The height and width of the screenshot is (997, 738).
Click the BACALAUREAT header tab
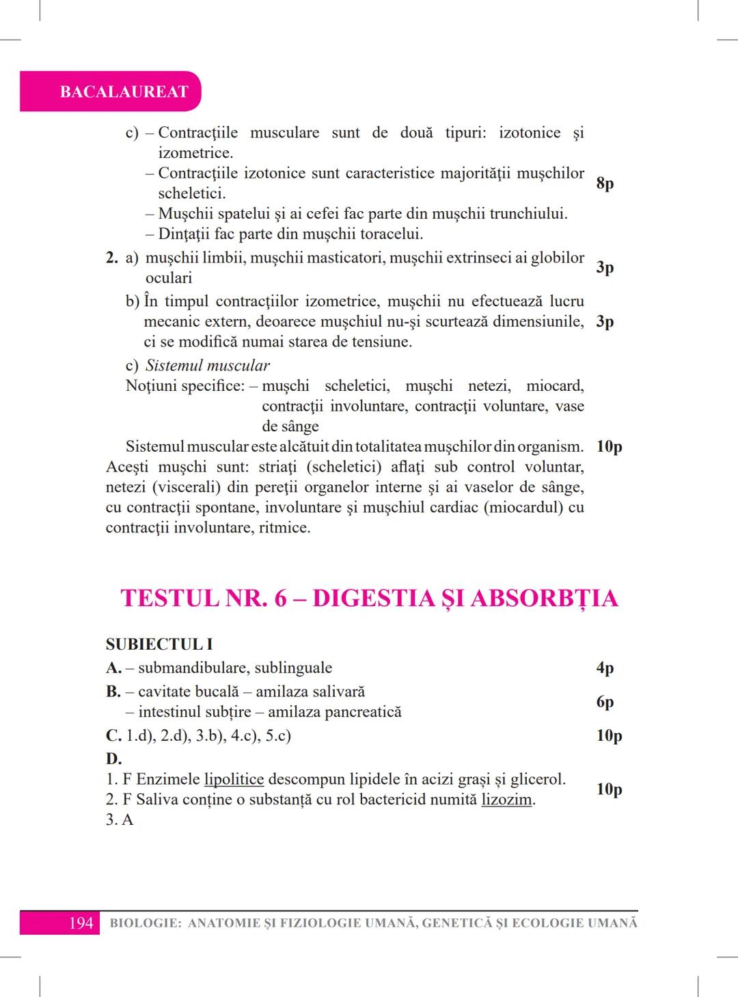pyautogui.click(x=124, y=92)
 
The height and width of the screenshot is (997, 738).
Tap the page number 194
pyautogui.click(x=81, y=923)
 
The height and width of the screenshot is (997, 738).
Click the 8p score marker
pyautogui.click(x=605, y=183)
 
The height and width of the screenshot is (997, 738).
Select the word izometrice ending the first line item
pyautogui.click(x=195, y=153)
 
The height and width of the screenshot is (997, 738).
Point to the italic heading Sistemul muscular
pyautogui.click(x=207, y=366)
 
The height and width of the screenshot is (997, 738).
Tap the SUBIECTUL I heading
pyautogui.click(x=159, y=644)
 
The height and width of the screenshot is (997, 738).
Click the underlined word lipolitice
pyautogui.click(x=234, y=780)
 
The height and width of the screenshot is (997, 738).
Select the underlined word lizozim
pyautogui.click(x=506, y=800)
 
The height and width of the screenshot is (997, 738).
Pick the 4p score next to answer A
pyautogui.click(x=605, y=668)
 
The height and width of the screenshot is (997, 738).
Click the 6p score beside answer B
pyautogui.click(x=605, y=702)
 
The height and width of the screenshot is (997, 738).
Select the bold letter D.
pyautogui.click(x=113, y=759)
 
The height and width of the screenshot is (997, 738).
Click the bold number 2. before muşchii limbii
pyautogui.click(x=112, y=258)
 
